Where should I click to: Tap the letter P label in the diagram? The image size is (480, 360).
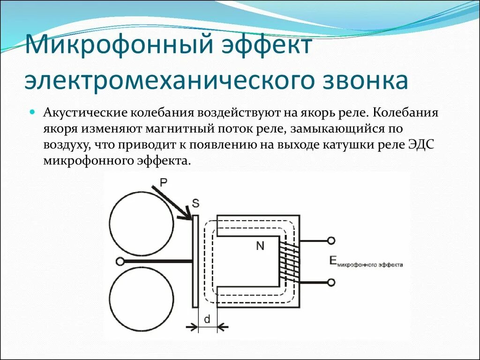(163, 182)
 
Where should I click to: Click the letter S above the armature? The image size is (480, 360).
(195, 203)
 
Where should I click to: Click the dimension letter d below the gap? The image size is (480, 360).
(206, 320)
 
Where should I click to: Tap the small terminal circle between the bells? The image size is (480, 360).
(120, 261)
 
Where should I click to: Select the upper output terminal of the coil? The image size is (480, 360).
(331, 241)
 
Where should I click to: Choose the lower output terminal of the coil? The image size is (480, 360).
(331, 282)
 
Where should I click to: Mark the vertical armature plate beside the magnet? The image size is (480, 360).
(195, 261)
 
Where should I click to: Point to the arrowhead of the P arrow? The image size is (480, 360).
(188, 216)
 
